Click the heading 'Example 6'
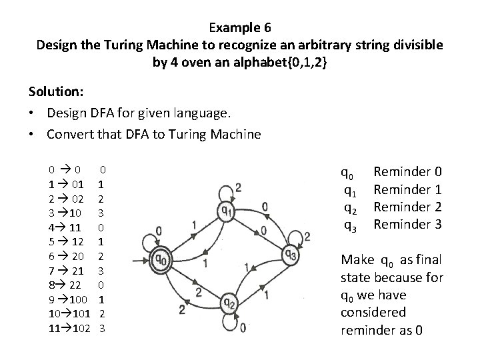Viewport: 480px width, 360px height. pyautogui.click(x=239, y=28)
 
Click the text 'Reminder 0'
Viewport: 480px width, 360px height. pyautogui.click(x=408, y=173)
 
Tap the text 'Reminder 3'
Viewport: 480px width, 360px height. pyautogui.click(x=408, y=224)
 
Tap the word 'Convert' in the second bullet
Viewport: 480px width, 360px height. pyautogui.click(x=69, y=134)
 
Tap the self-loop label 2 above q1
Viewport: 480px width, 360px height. pyautogui.click(x=238, y=187)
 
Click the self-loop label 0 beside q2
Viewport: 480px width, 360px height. pyautogui.click(x=242, y=327)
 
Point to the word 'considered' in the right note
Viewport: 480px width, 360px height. pyautogui.click(x=373, y=312)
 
